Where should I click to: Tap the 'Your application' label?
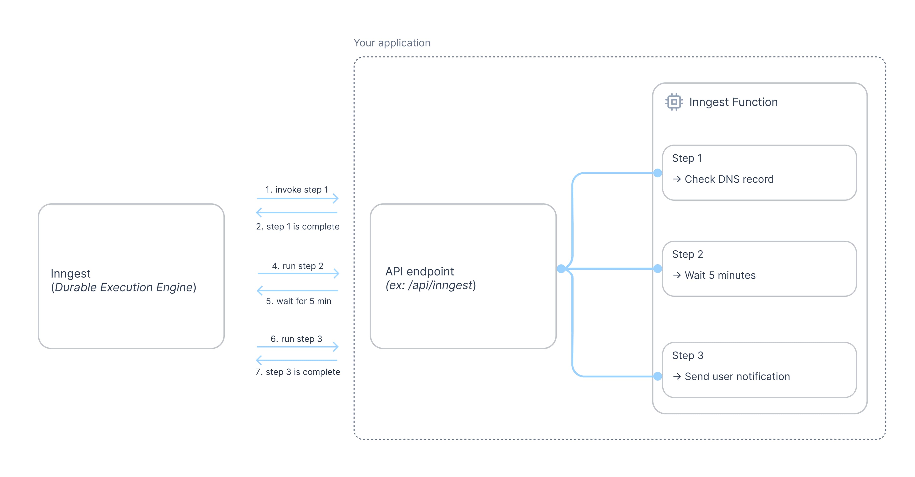pyautogui.click(x=392, y=43)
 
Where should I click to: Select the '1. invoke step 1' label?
pyautogui.click(x=297, y=190)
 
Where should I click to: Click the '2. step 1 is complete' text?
pyautogui.click(x=298, y=227)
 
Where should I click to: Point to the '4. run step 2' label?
pyautogui.click(x=298, y=266)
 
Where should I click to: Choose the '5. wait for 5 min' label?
pyautogui.click(x=298, y=301)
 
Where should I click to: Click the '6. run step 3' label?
pyautogui.click(x=296, y=339)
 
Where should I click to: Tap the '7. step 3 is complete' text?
pyautogui.click(x=298, y=372)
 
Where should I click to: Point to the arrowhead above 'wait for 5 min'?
pyautogui.click(x=260, y=290)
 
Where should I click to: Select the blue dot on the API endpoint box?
pyautogui.click(x=561, y=269)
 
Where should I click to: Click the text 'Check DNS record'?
pyautogui.click(x=729, y=179)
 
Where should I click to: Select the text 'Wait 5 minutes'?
pyautogui.click(x=720, y=275)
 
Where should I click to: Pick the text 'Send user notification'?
pyautogui.click(x=737, y=376)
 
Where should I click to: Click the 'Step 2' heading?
pyautogui.click(x=687, y=254)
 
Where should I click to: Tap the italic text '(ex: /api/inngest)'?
pyautogui.click(x=431, y=285)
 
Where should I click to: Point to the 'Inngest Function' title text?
pyautogui.click(x=733, y=102)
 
